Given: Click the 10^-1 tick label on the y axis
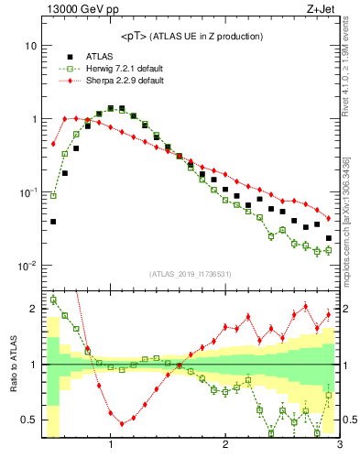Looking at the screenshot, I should [x=27, y=193].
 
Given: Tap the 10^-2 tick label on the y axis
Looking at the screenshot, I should [x=27, y=267].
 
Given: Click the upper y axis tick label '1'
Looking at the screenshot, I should [x=34, y=120].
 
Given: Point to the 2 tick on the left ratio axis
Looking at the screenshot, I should [x=34, y=309].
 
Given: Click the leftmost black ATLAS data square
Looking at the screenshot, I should [x=53, y=222].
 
